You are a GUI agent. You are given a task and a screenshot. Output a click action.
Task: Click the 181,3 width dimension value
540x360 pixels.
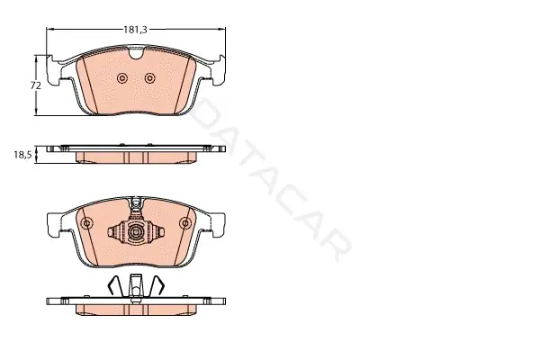(135, 30)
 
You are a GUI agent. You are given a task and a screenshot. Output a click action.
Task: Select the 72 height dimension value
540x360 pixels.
(36, 85)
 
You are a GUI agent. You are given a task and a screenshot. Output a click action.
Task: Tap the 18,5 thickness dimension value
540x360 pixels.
(22, 155)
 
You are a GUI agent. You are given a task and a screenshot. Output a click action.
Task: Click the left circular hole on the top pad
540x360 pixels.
(122, 78)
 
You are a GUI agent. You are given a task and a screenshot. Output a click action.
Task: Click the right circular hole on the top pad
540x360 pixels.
(149, 78)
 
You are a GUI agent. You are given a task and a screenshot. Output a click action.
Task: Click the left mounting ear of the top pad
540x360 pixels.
(53, 70)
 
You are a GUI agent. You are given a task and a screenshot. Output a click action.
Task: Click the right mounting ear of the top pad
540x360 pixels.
(218, 70)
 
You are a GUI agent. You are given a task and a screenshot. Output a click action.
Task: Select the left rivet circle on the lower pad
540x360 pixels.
(86, 223)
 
